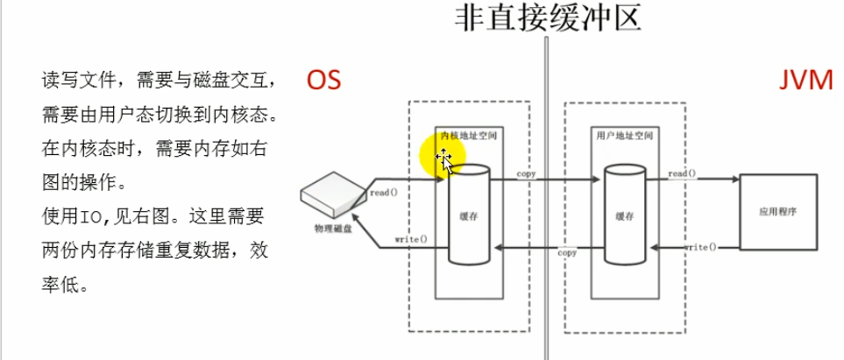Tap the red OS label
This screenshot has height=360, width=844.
tap(323, 81)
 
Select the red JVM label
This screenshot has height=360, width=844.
tap(805, 81)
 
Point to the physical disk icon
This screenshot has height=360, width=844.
tap(333, 194)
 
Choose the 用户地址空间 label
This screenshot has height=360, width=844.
tap(625, 137)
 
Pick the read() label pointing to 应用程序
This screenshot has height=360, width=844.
tap(682, 173)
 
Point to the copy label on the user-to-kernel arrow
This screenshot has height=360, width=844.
tap(567, 252)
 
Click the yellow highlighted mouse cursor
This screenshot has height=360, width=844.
tap(443, 157)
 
